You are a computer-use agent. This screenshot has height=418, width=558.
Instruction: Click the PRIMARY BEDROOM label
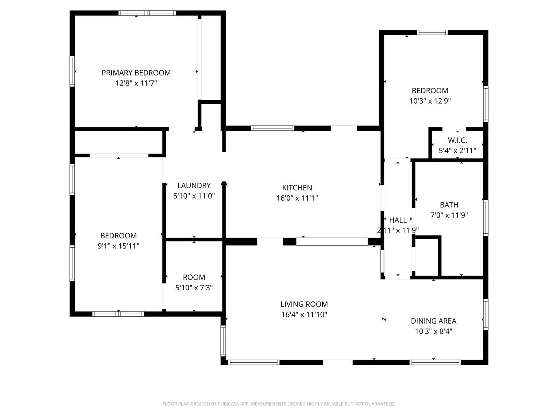pyautogui.click(x=136, y=73)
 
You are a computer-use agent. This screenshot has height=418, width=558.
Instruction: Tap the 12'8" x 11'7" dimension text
pyautogui.click(x=136, y=83)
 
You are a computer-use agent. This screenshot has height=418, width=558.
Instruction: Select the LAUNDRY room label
pyautogui.click(x=194, y=185)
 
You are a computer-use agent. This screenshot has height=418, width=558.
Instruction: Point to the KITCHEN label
pyautogui.click(x=297, y=188)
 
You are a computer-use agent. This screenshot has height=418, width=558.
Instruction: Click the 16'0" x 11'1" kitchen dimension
pyautogui.click(x=297, y=198)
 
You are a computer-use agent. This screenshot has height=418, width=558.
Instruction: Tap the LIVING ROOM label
pyautogui.click(x=304, y=304)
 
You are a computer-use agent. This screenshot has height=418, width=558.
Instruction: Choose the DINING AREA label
pyautogui.click(x=434, y=321)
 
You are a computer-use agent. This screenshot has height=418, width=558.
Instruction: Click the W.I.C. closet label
pyautogui.click(x=457, y=140)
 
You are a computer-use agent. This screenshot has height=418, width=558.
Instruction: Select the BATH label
pyautogui.click(x=449, y=205)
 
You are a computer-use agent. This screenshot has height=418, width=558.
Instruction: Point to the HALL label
pyautogui.click(x=398, y=220)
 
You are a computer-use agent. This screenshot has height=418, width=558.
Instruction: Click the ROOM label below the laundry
pyautogui.click(x=194, y=277)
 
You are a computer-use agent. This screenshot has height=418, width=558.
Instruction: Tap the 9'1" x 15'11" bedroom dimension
pyautogui.click(x=119, y=246)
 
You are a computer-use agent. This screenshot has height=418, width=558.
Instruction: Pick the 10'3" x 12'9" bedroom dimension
pyautogui.click(x=430, y=101)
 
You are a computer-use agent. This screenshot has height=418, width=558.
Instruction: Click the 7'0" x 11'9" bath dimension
pyautogui.click(x=449, y=215)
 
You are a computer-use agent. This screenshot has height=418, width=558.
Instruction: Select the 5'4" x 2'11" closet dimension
pyautogui.click(x=457, y=151)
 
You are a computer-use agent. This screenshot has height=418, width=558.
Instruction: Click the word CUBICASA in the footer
pyautogui.click(x=228, y=404)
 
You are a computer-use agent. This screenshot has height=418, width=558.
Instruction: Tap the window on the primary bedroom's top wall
pyautogui.click(x=147, y=13)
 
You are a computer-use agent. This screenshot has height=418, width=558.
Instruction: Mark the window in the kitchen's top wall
pyautogui.click(x=272, y=128)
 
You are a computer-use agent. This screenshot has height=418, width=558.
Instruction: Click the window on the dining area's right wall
pyautogui.click(x=486, y=314)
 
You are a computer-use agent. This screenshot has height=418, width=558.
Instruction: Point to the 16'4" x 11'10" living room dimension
pyautogui.click(x=304, y=314)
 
